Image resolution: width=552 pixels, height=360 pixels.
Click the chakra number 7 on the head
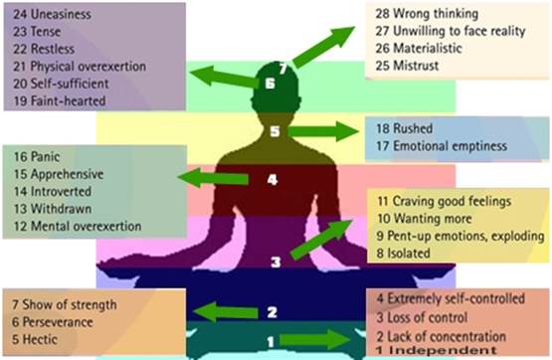pyautogui.click(x=283, y=69)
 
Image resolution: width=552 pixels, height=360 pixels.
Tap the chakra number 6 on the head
pyautogui.click(x=271, y=84)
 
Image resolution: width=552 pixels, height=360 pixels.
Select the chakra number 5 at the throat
pyautogui.click(x=276, y=131)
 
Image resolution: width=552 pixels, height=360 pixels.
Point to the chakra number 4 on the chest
pyautogui.click(x=271, y=181)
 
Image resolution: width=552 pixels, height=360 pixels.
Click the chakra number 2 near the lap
pyautogui.click(x=271, y=312)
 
